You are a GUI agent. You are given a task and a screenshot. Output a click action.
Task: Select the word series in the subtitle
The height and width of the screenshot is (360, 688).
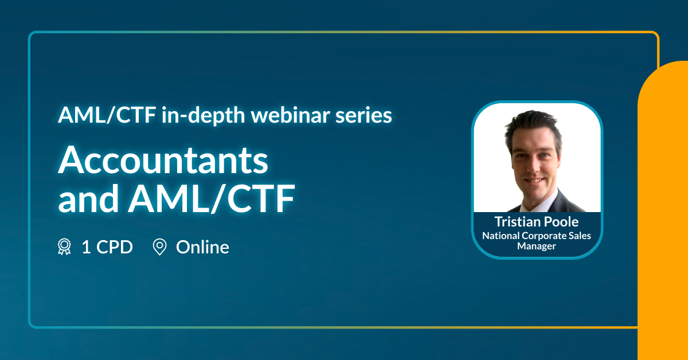(x=363, y=116)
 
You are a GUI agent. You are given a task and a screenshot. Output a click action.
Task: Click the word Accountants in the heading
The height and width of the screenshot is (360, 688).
(x=163, y=160)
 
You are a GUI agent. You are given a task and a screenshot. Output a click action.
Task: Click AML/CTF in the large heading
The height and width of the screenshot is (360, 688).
(x=212, y=198)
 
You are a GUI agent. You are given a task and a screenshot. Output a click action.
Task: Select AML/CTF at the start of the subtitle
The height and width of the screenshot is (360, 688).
(x=107, y=115)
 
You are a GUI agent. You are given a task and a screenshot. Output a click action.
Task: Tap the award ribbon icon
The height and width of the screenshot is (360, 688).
(x=64, y=246)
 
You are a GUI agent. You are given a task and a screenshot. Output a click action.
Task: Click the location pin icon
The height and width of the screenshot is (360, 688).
(x=160, y=247)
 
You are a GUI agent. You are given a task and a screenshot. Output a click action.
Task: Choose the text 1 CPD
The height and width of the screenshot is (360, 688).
(x=107, y=247)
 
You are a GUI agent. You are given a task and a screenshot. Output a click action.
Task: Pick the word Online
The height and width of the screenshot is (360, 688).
(x=202, y=247)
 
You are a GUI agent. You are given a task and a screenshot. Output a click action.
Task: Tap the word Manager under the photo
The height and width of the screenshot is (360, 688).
(x=537, y=246)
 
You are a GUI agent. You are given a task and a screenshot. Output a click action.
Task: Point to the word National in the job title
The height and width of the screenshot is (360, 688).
(x=501, y=236)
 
